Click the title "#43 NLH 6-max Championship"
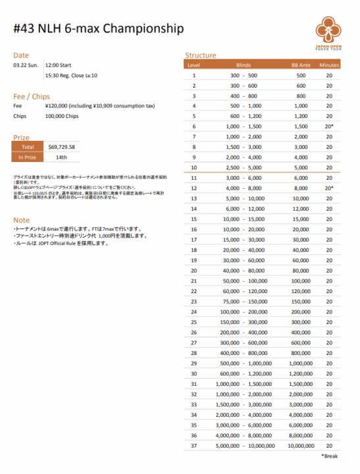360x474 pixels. tap(98, 29)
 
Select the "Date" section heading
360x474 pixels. tap(21, 55)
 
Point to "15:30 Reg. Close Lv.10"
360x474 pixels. tap(71, 76)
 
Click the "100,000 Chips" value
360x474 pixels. tap(62, 116)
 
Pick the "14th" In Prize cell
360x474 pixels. tap(61, 157)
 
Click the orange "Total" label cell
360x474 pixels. tap(28, 147)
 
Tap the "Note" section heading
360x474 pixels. tap(21, 219)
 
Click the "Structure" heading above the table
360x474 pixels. tap(201, 55)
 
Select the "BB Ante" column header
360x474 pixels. tap(301, 65)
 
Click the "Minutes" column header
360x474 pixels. tap(329, 65)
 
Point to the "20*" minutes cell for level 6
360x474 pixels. tap(329, 126)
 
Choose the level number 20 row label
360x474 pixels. tap(194, 271)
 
